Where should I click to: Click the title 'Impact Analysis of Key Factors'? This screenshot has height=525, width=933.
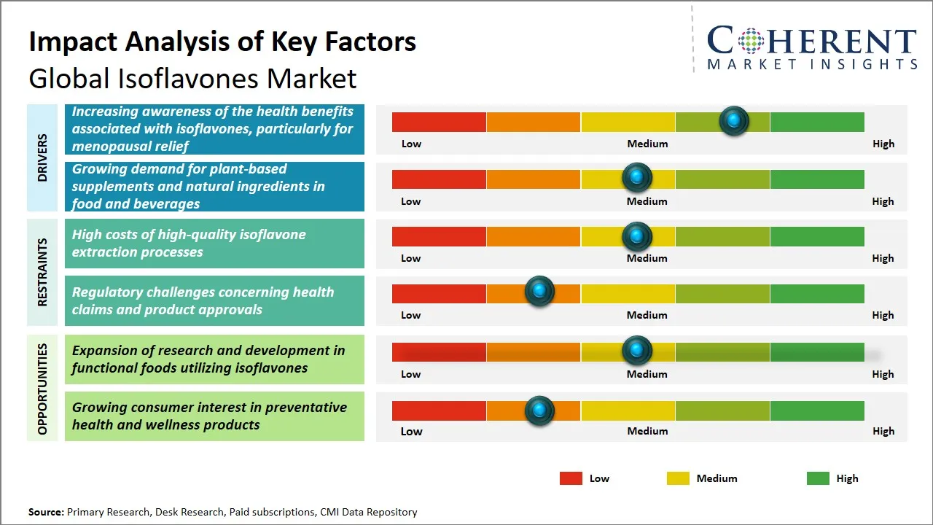(222, 42)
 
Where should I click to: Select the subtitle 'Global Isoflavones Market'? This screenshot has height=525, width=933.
(192, 78)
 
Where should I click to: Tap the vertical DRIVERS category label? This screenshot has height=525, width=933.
(42, 157)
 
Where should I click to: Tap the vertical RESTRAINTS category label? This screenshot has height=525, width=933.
(42, 272)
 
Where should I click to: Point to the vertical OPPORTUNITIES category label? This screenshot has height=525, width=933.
(42, 389)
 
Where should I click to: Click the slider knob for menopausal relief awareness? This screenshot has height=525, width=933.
(733, 120)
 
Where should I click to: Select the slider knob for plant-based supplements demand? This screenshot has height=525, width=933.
(637, 177)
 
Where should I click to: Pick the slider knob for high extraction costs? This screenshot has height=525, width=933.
(637, 236)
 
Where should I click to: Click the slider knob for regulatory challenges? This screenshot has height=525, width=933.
(539, 292)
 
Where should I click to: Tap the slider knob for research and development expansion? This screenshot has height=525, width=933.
(637, 351)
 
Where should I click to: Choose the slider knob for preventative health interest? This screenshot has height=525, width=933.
(539, 411)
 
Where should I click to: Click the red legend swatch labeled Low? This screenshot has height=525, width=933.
(571, 478)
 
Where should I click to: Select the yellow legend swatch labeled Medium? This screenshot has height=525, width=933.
(678, 478)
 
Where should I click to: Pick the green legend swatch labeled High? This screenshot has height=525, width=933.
(818, 478)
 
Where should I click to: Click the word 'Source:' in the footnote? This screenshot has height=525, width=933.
(46, 512)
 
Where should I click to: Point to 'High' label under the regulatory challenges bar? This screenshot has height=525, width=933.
(883, 315)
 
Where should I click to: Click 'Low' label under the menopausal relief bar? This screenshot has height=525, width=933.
(411, 144)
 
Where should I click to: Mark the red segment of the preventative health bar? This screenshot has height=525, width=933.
(439, 411)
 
